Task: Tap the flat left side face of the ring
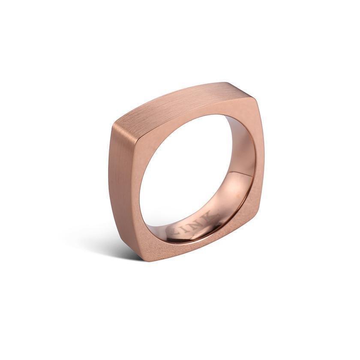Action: pyautogui.click(x=122, y=180)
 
